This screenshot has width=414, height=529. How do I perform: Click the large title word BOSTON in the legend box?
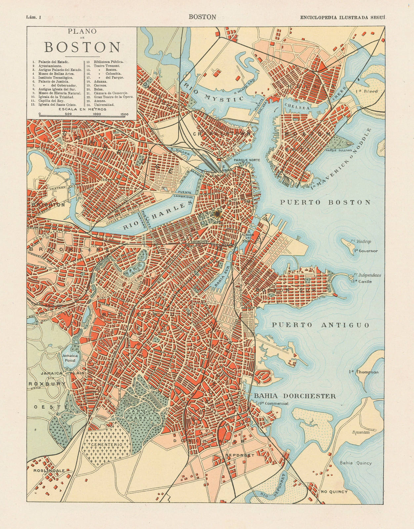[82, 47]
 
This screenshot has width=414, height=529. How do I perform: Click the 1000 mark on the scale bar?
[97, 114]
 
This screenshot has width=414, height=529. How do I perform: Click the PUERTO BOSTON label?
[325, 202]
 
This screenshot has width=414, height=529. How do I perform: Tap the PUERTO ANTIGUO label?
[320, 325]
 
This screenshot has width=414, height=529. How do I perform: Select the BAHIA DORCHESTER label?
[295, 396]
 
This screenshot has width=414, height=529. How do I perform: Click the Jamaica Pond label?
[70, 358]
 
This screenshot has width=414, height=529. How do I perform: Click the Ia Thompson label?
[363, 372]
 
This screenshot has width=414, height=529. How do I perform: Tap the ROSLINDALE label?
[46, 470]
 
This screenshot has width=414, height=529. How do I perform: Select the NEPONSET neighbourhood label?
[240, 455]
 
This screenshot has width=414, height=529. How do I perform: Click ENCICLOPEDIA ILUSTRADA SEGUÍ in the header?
[343, 17]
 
